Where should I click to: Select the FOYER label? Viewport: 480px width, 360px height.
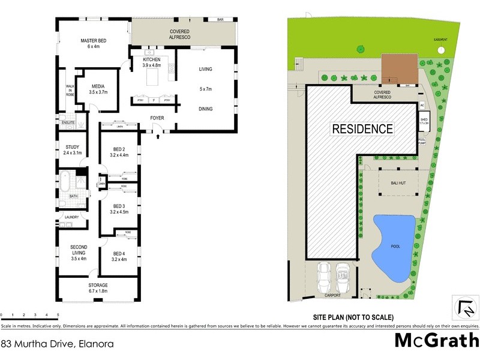157,118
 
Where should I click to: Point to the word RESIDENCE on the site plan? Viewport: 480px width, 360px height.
362,129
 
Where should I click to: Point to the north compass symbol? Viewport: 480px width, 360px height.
465,307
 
